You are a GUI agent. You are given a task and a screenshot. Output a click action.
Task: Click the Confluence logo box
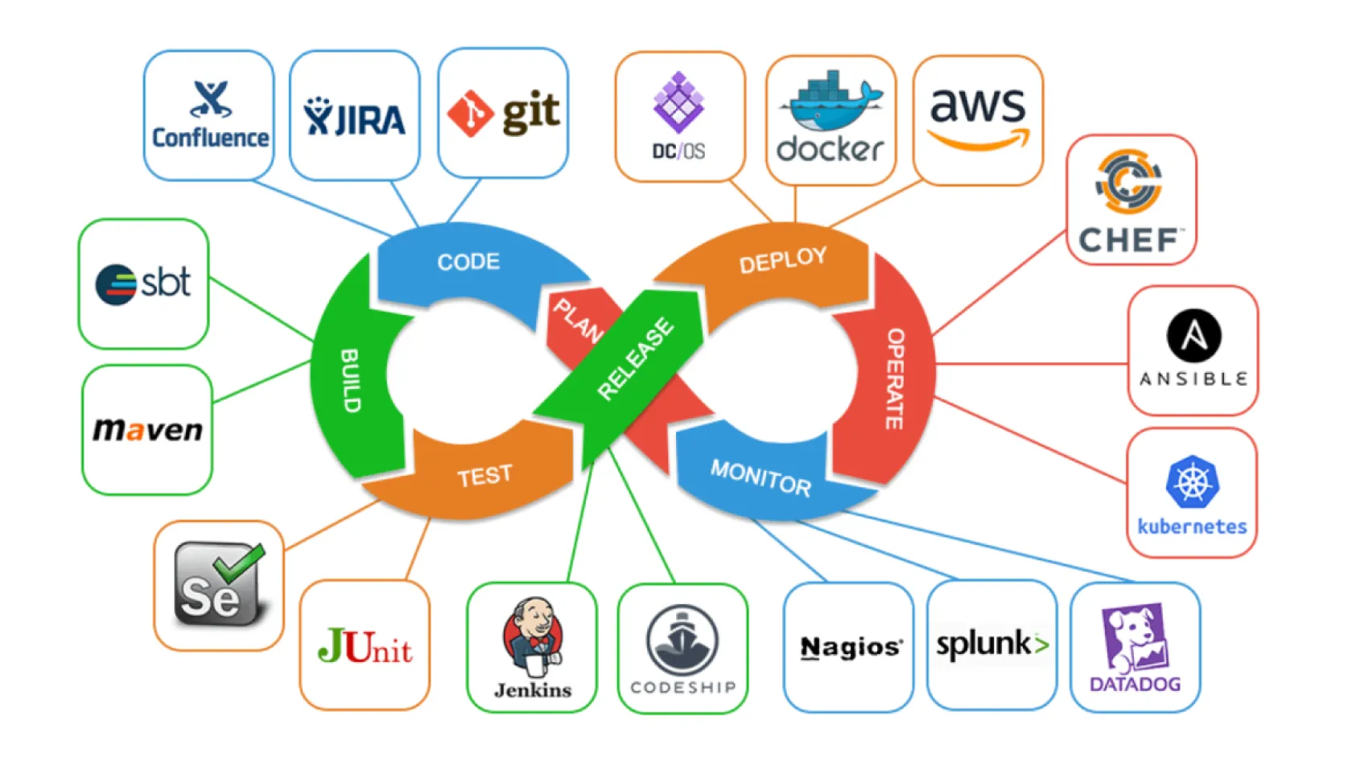(x=209, y=115)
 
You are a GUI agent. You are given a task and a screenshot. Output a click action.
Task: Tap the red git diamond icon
(x=470, y=114)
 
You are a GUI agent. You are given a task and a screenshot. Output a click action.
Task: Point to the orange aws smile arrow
(x=979, y=142)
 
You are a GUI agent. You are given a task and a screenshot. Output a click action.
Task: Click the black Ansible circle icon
(x=1193, y=336)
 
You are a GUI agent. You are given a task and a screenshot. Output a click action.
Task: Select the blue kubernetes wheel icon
(x=1192, y=482)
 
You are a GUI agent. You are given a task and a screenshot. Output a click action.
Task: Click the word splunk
(x=983, y=643)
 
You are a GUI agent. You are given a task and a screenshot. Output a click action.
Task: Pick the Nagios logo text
(x=851, y=647)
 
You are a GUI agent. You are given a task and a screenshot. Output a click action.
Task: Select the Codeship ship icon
(x=682, y=641)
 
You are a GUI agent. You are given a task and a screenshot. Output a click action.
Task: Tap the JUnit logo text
(x=365, y=647)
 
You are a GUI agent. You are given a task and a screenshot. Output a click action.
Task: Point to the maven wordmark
(x=148, y=430)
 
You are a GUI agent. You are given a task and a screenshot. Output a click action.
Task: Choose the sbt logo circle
(x=116, y=284)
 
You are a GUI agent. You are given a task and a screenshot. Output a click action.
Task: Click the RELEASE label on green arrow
(x=636, y=358)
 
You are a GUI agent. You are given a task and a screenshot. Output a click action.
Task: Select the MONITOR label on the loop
(x=760, y=478)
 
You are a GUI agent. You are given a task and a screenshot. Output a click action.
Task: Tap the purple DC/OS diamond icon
(x=678, y=102)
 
